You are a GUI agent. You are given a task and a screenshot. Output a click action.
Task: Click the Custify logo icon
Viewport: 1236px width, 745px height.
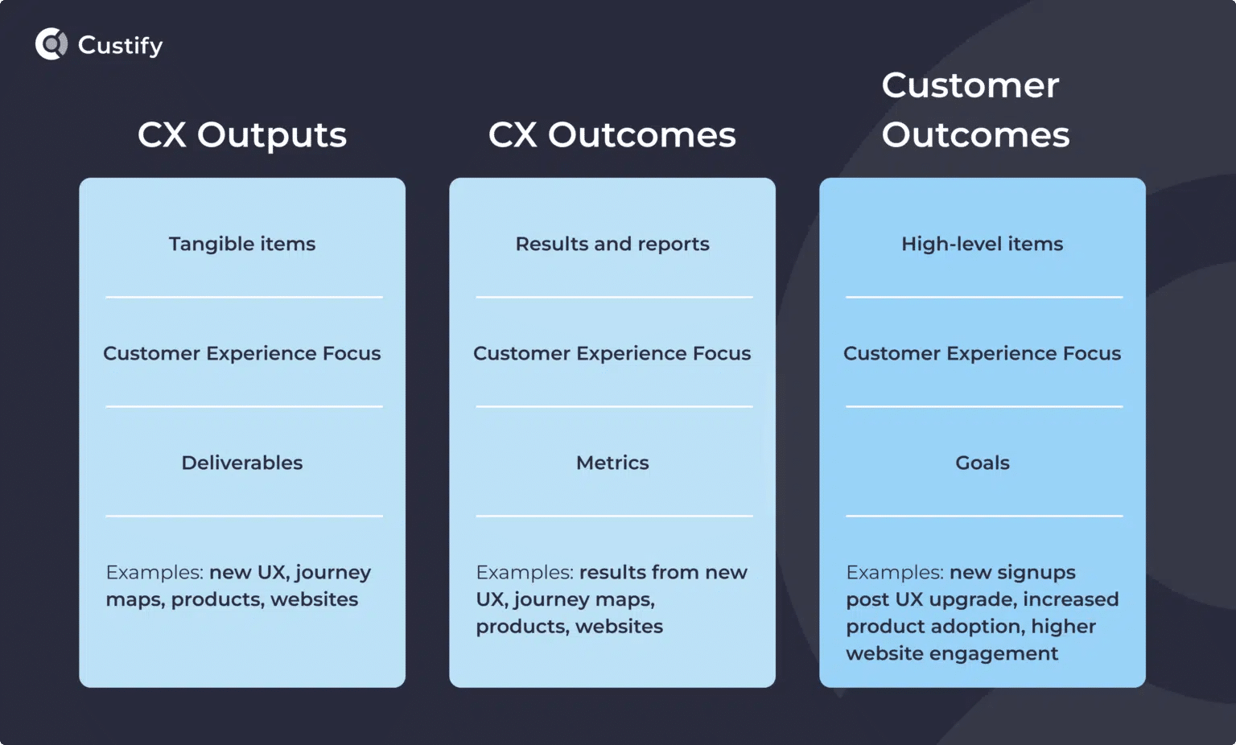click(x=51, y=44)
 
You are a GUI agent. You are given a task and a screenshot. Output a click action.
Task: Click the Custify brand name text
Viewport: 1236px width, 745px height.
click(x=120, y=46)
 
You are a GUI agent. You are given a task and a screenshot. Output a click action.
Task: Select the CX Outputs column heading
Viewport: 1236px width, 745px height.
click(x=242, y=135)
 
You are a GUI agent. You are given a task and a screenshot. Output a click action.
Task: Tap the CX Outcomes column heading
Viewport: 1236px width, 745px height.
click(x=612, y=135)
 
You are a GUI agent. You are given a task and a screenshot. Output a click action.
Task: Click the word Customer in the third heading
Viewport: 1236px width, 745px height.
click(x=970, y=85)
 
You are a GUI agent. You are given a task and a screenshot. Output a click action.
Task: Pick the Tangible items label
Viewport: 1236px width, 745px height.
click(x=242, y=244)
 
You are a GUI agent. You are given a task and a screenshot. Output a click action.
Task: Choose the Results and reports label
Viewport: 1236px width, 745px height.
click(x=612, y=244)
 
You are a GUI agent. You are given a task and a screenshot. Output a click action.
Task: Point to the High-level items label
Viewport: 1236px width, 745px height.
click(x=982, y=244)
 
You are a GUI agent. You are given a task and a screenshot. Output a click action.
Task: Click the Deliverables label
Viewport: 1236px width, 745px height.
click(x=242, y=463)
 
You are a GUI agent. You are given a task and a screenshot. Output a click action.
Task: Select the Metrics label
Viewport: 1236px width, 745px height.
click(x=612, y=463)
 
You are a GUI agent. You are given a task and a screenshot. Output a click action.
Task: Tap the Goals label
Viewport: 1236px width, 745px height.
click(x=982, y=463)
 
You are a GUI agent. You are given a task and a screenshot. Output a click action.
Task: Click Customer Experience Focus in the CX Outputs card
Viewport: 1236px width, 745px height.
click(x=242, y=353)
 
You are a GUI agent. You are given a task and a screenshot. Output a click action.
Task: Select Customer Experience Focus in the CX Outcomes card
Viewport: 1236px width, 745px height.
click(x=612, y=353)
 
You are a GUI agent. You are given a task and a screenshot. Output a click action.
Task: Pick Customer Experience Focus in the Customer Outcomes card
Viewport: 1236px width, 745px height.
click(x=982, y=353)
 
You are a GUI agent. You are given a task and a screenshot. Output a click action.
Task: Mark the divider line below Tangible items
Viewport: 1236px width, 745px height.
click(x=244, y=298)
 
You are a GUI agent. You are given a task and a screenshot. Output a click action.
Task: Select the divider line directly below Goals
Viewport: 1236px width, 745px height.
click(x=984, y=517)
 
